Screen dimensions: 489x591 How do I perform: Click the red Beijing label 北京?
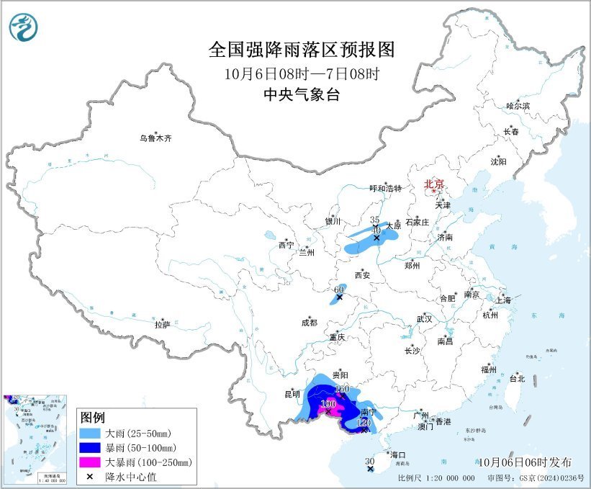tap(435, 184)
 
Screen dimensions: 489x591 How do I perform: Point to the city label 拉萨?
tap(162, 325)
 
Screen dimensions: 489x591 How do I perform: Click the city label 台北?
tap(517, 378)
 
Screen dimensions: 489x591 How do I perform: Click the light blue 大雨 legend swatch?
tap(90, 434)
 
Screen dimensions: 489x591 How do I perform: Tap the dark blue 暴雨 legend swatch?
tap(90, 448)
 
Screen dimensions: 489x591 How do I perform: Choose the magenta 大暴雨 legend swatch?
tap(90, 462)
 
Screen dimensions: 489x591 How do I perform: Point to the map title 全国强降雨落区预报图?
tap(302, 50)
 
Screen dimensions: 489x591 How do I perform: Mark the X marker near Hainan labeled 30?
tap(370, 469)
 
